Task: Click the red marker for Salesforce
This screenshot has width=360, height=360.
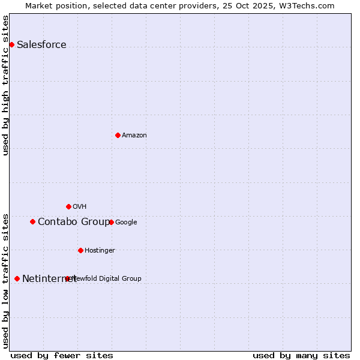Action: coord(11,44)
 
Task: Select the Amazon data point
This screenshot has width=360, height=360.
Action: coord(118,135)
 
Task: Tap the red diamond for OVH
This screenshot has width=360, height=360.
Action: coord(68,206)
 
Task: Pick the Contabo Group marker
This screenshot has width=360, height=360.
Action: coord(32,221)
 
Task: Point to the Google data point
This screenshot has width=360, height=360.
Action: coord(111,222)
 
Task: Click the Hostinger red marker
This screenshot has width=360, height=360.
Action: coord(80,250)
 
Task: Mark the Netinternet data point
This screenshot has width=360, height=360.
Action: coord(17,278)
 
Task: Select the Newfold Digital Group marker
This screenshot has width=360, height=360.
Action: coord(67,278)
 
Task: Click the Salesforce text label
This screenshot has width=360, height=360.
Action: coord(41,44)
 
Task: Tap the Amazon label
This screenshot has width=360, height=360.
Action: coord(134,135)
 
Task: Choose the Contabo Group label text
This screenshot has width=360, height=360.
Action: coord(74,221)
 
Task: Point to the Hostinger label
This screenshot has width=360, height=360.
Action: coord(100,250)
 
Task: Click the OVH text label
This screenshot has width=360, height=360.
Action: coord(80,206)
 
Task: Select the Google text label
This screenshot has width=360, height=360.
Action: coord(126,222)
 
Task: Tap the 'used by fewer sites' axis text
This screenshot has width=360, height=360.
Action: coord(62,355)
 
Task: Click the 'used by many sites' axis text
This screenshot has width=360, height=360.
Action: coord(301,355)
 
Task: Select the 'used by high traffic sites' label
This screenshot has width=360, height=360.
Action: coord(5,85)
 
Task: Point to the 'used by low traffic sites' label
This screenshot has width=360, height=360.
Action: coord(5,280)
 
